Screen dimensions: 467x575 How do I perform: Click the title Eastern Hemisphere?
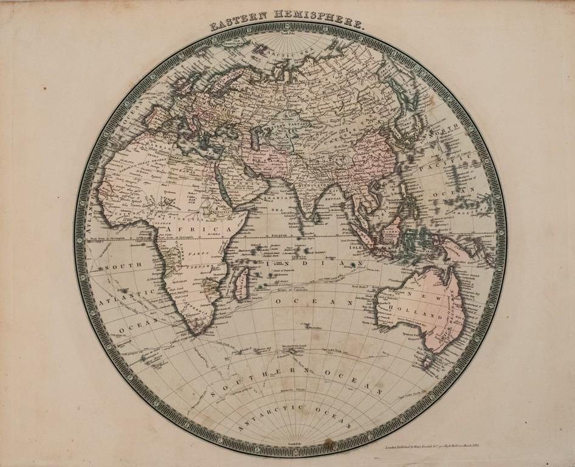pos(287,25)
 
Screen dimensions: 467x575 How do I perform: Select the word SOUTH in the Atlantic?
pos(123,266)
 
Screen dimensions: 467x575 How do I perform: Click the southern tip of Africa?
pos(196,333)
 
